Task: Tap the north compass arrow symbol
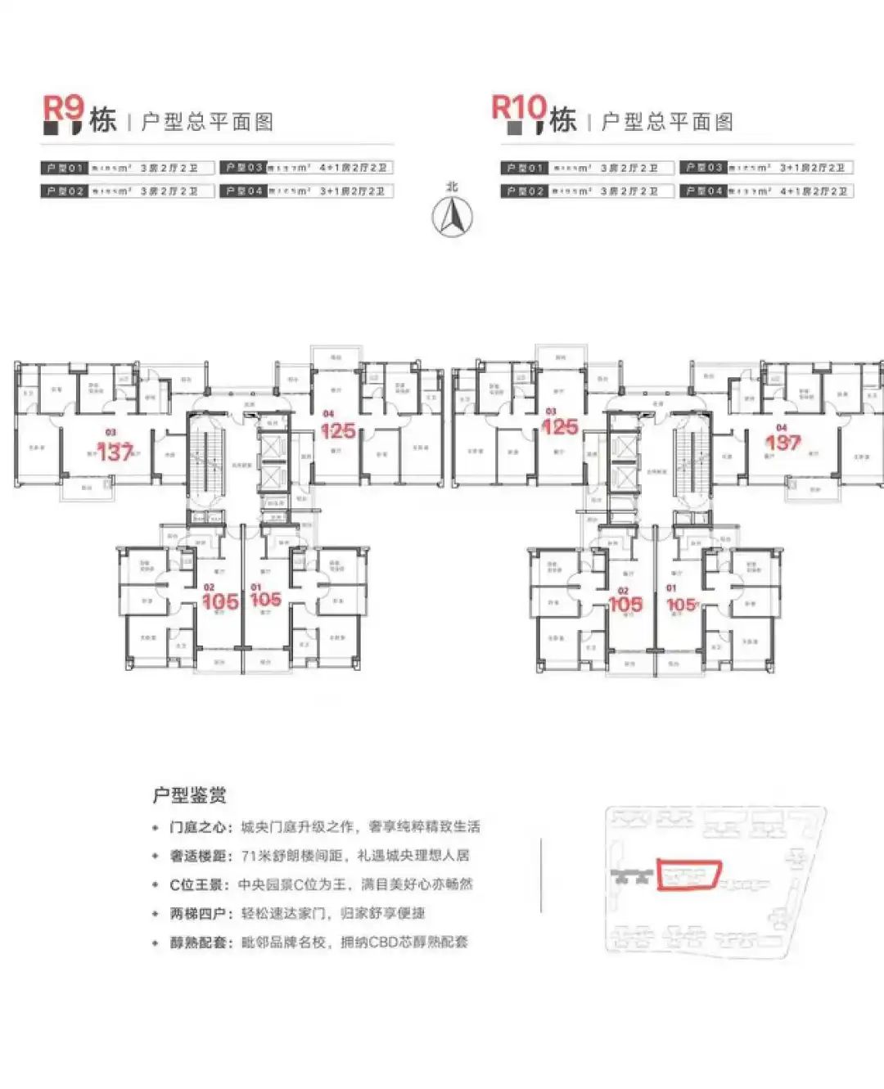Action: point(452,216)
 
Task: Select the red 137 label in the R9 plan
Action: point(115,452)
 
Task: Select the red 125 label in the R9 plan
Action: point(337,430)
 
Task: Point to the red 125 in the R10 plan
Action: point(560,427)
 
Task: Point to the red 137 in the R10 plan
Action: point(783,443)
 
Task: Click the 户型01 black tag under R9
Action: point(64,168)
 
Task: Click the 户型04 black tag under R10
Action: point(704,191)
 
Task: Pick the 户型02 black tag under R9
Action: point(64,191)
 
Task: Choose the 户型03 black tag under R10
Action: point(704,168)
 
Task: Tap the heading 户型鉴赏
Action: point(189,794)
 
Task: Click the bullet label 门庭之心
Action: point(201,827)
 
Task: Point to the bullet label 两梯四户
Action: point(201,914)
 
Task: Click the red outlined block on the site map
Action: point(688,875)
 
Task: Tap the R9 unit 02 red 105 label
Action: point(220,602)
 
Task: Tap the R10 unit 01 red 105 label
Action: point(681,605)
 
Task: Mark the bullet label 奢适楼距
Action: point(201,857)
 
